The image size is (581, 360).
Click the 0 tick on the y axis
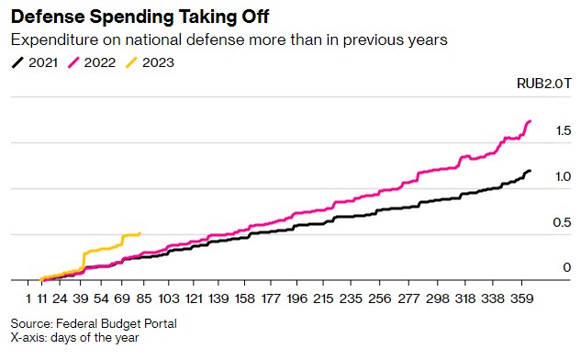(x=566, y=267)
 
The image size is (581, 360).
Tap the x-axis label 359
(x=523, y=299)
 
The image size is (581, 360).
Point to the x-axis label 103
(x=169, y=299)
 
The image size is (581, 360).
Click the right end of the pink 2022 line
(x=530, y=121)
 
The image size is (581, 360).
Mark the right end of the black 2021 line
(x=530, y=171)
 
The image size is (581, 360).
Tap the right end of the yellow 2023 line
(x=140, y=233)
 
